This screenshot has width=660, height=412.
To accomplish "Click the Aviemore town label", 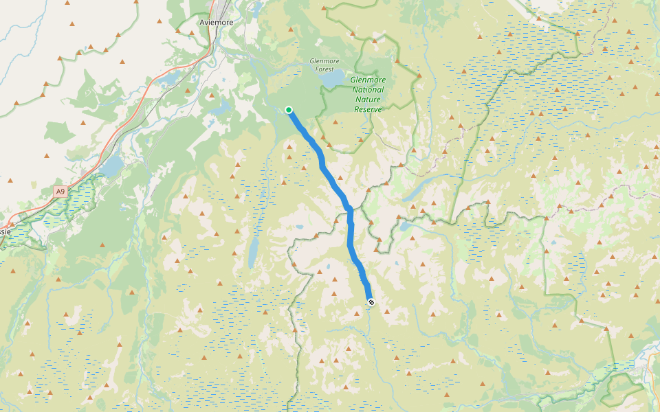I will tap(216, 22).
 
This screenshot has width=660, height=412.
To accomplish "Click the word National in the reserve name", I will tap(368, 89).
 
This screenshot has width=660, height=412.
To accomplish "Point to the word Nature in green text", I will tap(368, 99).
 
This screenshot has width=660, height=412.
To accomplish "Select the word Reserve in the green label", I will tap(368, 108).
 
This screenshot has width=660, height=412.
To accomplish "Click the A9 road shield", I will tap(60, 192).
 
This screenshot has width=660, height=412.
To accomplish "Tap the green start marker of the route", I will tap(289, 110).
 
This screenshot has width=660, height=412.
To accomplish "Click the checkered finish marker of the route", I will tap(371, 301).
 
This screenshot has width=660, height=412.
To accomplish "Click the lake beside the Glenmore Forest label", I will tap(331, 80).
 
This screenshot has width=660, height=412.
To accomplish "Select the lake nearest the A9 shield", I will tap(110, 165).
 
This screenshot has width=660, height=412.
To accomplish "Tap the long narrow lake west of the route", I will tap(253, 253).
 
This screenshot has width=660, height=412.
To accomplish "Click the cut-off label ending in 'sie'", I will tap(5, 231).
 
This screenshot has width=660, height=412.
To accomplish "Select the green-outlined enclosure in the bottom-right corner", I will tap(622, 389).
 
